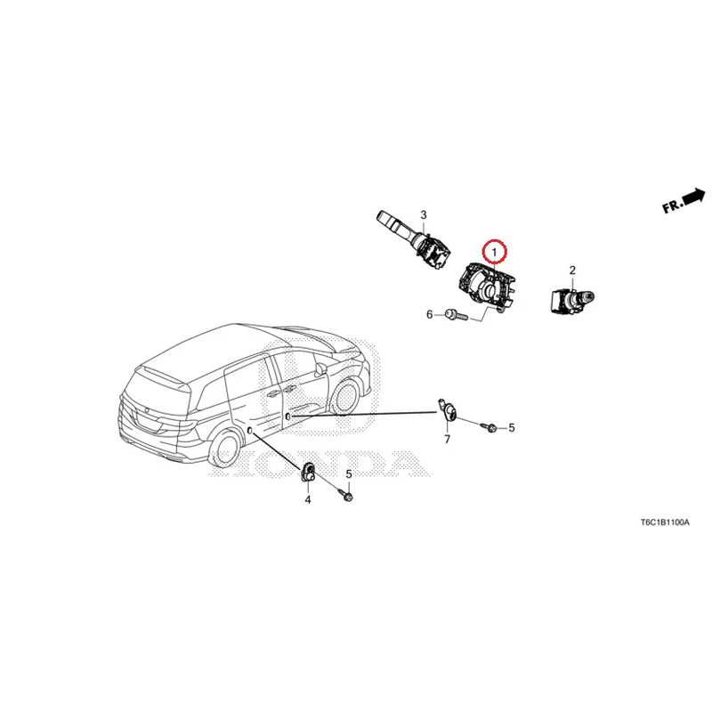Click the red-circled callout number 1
click(x=494, y=251)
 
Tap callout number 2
click(x=572, y=271)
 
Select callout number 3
click(x=424, y=214)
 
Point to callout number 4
click(x=308, y=500)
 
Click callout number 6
click(x=430, y=314)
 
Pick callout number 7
click(x=448, y=439)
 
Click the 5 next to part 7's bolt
click(x=512, y=427)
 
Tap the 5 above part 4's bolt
click(x=349, y=474)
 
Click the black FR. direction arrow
click(x=693, y=198)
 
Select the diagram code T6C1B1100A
click(x=665, y=522)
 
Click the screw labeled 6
click(x=456, y=315)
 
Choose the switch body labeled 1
click(x=487, y=286)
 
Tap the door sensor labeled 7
click(x=448, y=411)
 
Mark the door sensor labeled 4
click(x=308, y=471)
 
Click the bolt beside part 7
click(x=489, y=427)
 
